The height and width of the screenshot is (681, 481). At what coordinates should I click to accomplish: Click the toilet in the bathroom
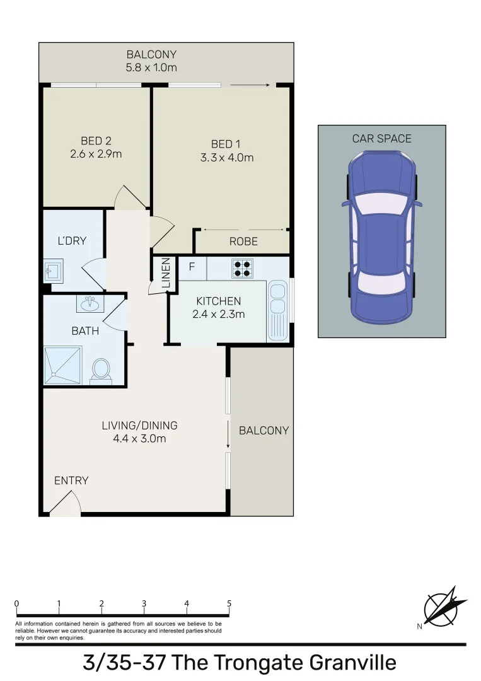101,370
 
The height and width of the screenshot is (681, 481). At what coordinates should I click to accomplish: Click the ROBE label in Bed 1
243,242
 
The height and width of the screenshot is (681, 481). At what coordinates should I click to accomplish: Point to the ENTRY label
71,480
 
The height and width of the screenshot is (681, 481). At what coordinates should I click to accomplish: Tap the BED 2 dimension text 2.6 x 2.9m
96,153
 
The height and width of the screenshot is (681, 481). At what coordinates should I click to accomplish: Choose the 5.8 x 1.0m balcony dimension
151,67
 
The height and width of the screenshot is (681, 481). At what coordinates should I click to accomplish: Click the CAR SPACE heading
381,139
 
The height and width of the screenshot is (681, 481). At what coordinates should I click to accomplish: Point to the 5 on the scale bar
229,603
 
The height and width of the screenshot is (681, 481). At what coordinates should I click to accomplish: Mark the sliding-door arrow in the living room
228,434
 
